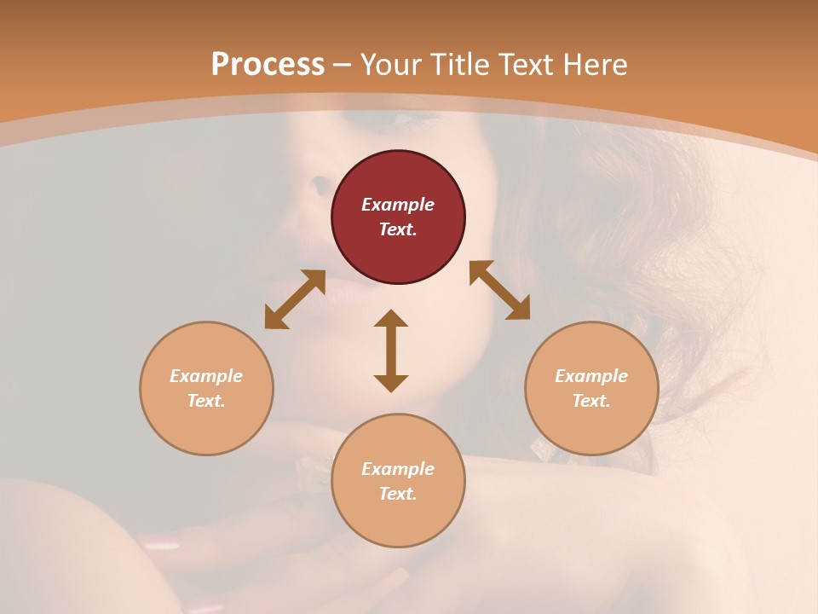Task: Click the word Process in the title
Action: pyautogui.click(x=268, y=65)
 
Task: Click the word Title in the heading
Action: pyautogui.click(x=459, y=65)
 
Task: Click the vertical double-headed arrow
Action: pyautogui.click(x=391, y=350)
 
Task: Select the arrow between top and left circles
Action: pyautogui.click(x=295, y=299)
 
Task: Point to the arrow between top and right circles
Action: pyautogui.click(x=499, y=291)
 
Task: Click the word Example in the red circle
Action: pyautogui.click(x=398, y=205)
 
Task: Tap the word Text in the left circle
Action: pyautogui.click(x=205, y=401)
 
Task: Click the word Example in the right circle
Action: pyautogui.click(x=591, y=376)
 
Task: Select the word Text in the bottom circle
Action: pyautogui.click(x=397, y=494)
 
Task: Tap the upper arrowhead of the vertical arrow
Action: pyautogui.click(x=391, y=318)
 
